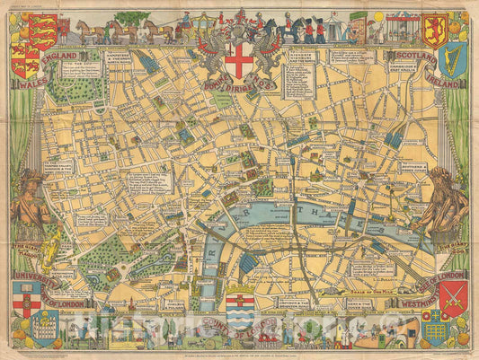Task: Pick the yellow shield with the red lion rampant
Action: click(435, 29)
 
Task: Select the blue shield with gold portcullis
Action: click(435, 327)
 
